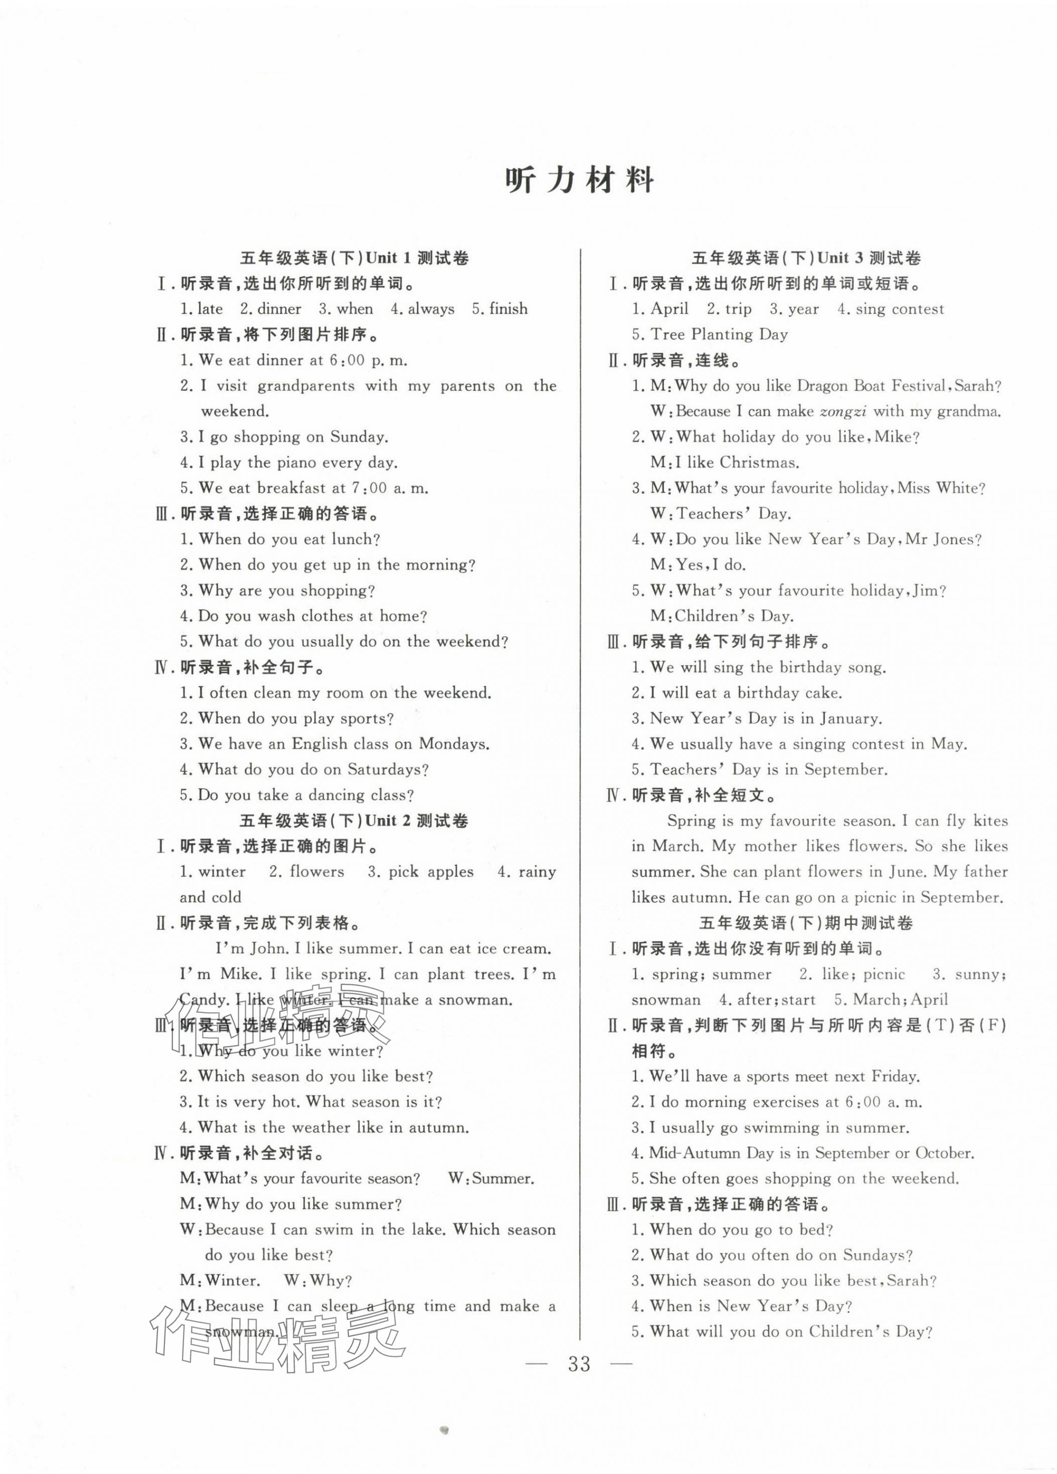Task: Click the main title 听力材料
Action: (579, 181)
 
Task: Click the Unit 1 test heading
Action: (355, 258)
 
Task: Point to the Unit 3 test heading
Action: (806, 258)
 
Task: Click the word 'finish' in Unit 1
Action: (508, 309)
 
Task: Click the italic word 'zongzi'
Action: (843, 411)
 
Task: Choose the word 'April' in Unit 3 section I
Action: (669, 309)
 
